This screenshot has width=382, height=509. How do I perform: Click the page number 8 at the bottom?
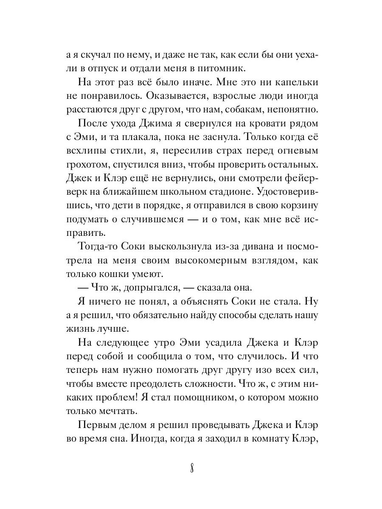pos(192,470)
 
